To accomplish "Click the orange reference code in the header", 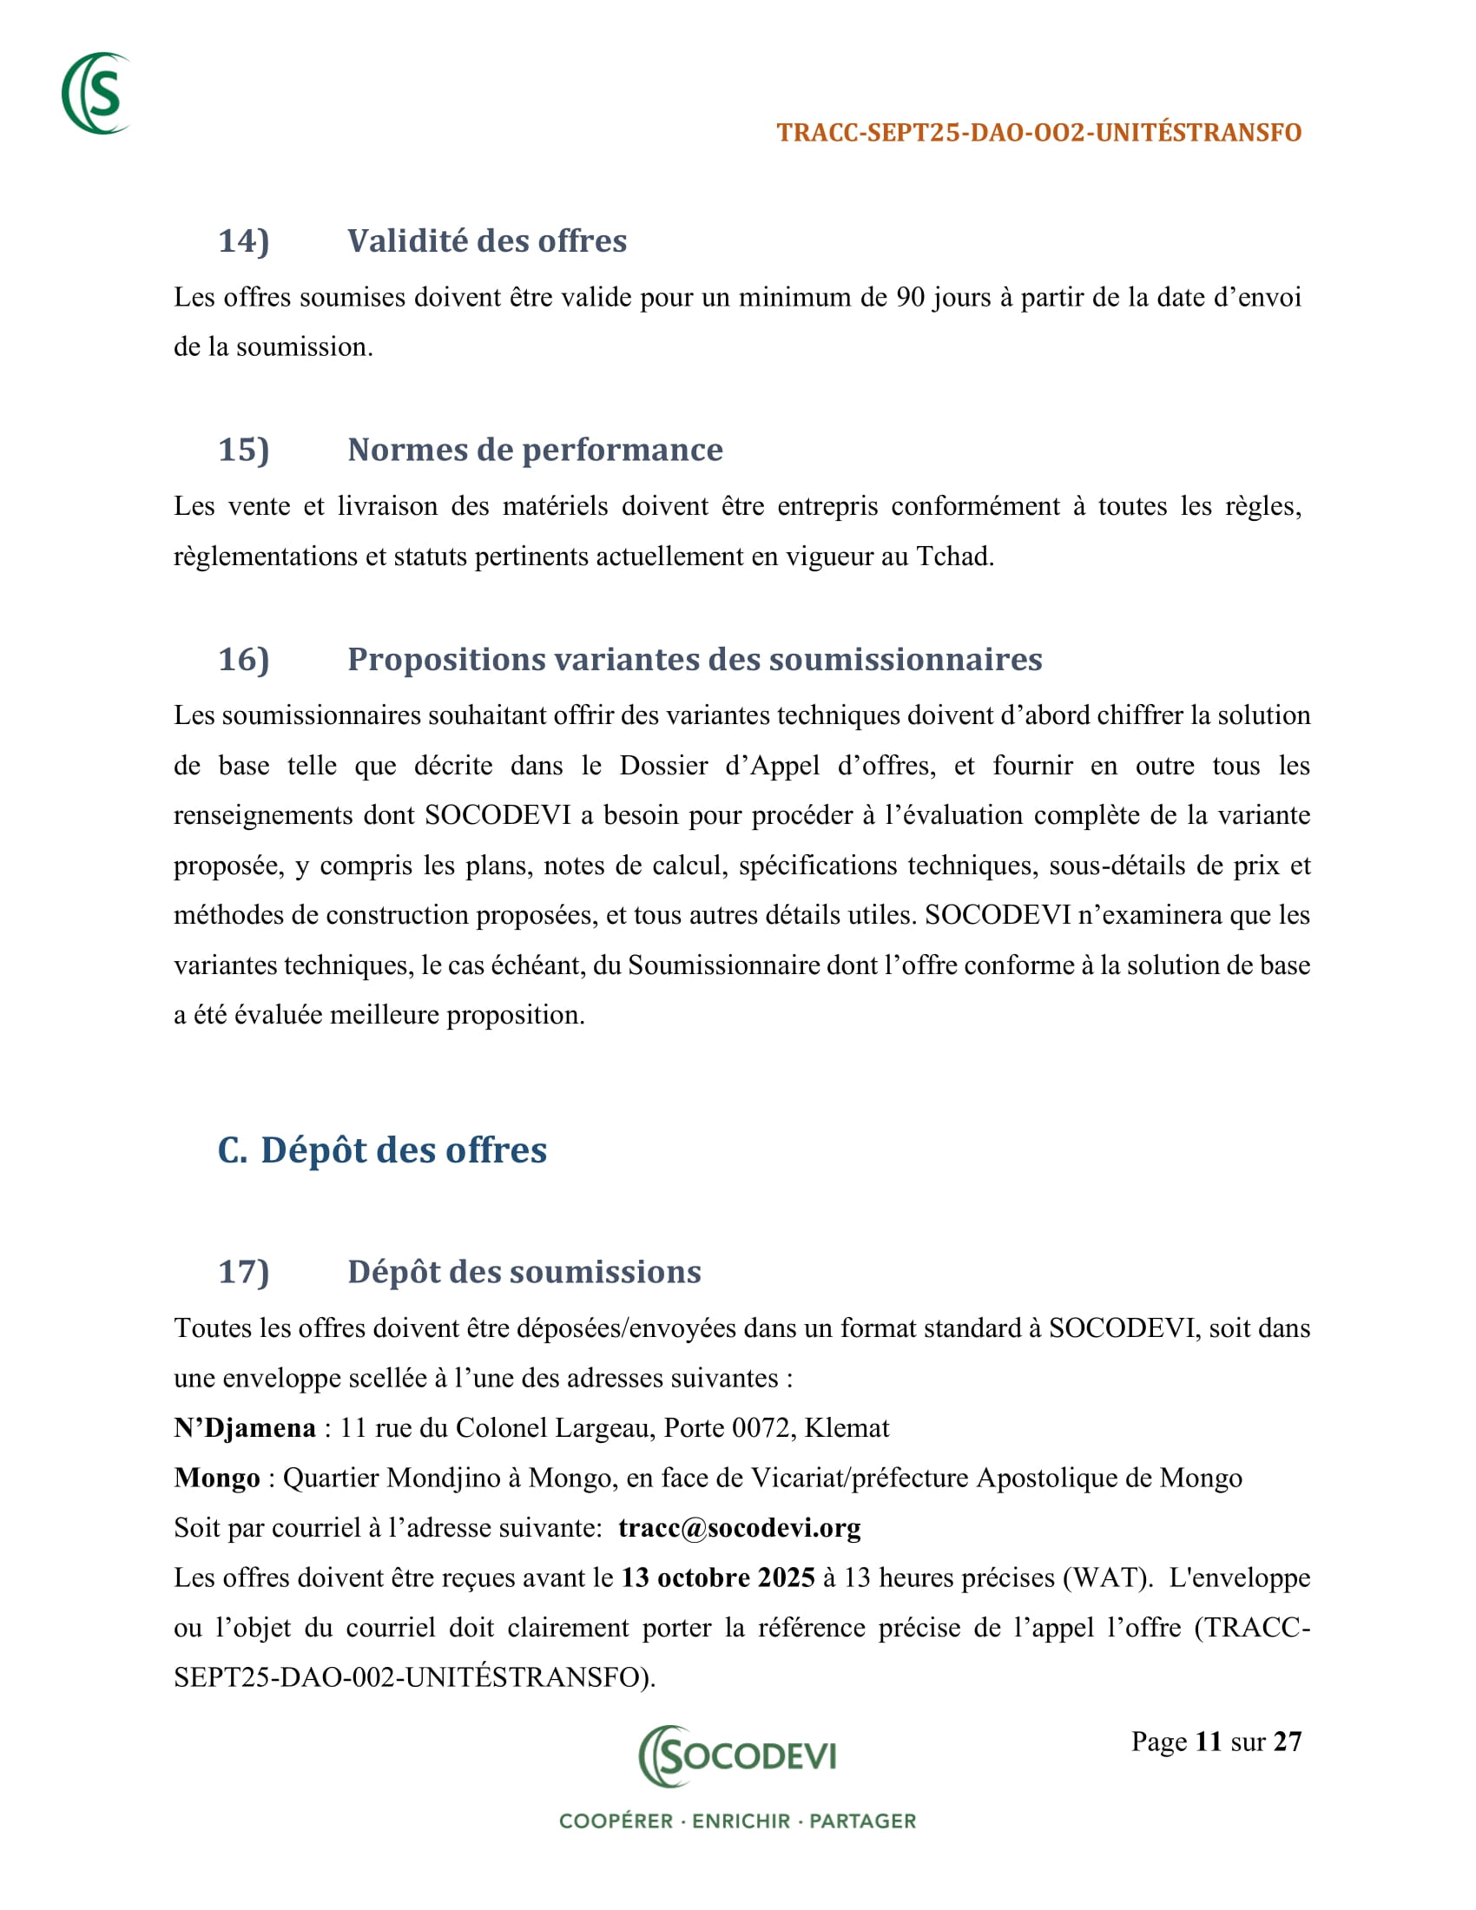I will tap(1038, 133).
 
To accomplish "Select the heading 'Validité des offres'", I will tap(486, 241).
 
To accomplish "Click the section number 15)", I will tap(243, 451).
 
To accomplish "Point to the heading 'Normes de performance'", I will tap(534, 451).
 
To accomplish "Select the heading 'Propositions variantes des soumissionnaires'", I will tap(695, 660).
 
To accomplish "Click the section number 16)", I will tap(243, 660).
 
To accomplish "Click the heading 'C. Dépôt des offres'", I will tap(382, 1150).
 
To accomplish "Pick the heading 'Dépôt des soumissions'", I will tap(524, 1273).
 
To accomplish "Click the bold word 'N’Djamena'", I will tap(245, 1428).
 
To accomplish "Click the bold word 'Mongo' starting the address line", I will tap(217, 1478).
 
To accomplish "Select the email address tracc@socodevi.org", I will tap(739, 1528).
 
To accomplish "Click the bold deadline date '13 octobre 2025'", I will tap(718, 1577).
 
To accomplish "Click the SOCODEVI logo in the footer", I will tap(737, 1755).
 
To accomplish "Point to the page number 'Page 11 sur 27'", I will tap(1216, 1742).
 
